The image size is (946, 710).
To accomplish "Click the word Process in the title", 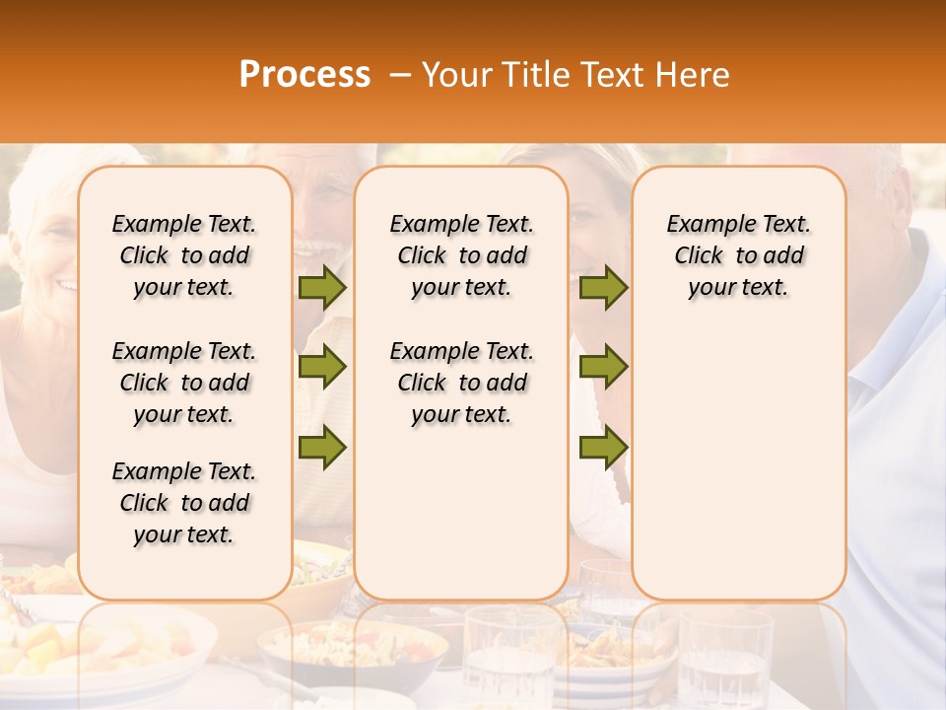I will [304, 75].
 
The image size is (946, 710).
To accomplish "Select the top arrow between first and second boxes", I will [322, 287].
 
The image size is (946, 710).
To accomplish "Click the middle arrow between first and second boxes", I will [322, 367].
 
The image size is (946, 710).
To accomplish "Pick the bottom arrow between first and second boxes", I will [322, 447].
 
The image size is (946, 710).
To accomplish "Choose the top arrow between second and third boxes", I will [603, 287].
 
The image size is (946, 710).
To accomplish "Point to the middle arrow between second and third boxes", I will [603, 367].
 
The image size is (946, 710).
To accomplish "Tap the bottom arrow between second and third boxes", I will [603, 447].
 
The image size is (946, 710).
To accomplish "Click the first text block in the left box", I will [184, 255].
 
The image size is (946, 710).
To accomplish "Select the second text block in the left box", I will [184, 383].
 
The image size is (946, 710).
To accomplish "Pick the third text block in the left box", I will [184, 503].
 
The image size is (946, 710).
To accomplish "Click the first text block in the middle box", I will [461, 255].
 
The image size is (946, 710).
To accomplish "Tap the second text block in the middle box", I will [461, 383].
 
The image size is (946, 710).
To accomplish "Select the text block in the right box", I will [738, 255].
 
